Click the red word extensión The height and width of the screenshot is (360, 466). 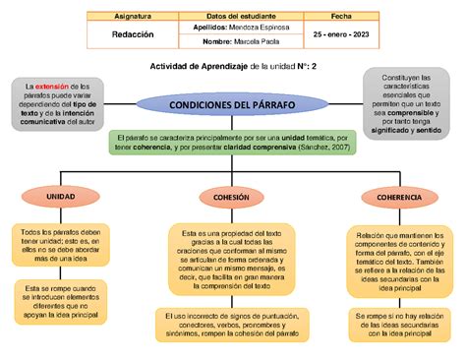56,88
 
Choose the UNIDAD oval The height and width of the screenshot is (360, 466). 61,197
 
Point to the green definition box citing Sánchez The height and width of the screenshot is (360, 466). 232,142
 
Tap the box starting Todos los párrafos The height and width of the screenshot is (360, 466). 62,246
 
